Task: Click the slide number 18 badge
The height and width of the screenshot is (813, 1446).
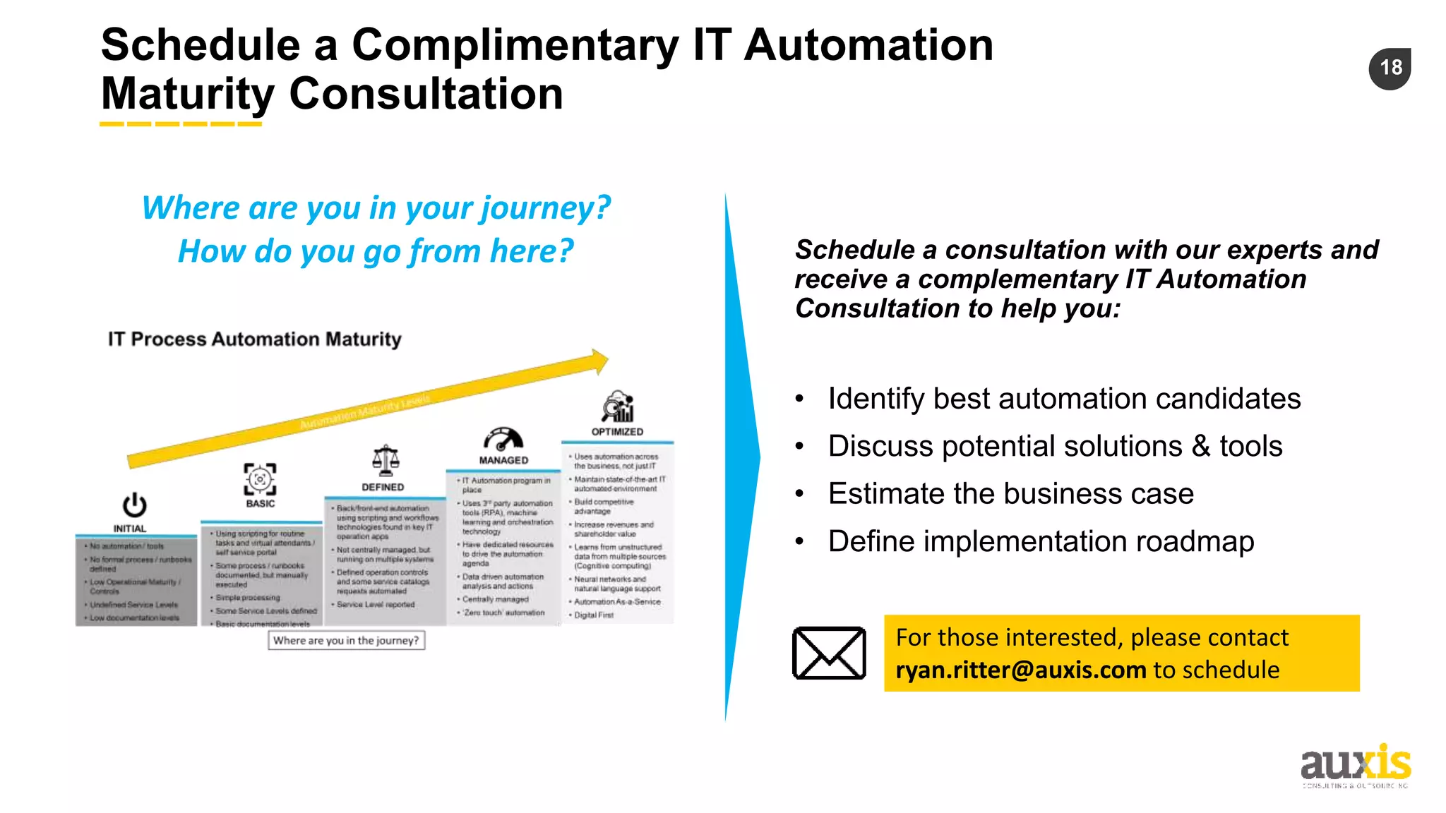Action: tap(1390, 68)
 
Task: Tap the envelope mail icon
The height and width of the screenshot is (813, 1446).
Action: tap(829, 653)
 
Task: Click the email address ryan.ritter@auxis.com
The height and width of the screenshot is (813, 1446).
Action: tap(1021, 670)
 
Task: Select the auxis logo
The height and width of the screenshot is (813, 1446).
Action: tap(1355, 766)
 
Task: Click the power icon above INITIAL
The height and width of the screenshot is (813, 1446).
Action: tap(134, 505)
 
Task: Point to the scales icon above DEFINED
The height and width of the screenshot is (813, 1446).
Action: tap(386, 461)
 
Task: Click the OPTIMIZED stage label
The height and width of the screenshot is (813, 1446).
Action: tap(617, 431)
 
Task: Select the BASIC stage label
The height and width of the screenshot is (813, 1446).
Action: tap(260, 503)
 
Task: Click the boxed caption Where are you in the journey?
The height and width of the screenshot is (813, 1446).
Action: tap(346, 640)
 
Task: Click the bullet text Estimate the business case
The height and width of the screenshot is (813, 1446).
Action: tap(1010, 493)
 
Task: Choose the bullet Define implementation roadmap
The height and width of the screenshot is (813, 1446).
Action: tap(1041, 541)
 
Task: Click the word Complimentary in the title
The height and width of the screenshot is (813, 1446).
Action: tap(515, 45)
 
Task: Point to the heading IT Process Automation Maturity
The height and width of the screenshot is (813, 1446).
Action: tap(254, 339)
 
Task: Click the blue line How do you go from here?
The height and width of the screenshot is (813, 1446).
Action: tap(376, 251)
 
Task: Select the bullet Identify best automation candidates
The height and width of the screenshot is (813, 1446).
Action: tap(1063, 399)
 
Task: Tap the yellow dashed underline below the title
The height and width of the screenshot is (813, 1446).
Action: tap(181, 124)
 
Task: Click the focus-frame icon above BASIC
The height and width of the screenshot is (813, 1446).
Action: tap(260, 479)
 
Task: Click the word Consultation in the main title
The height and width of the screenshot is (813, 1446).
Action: tap(426, 94)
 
